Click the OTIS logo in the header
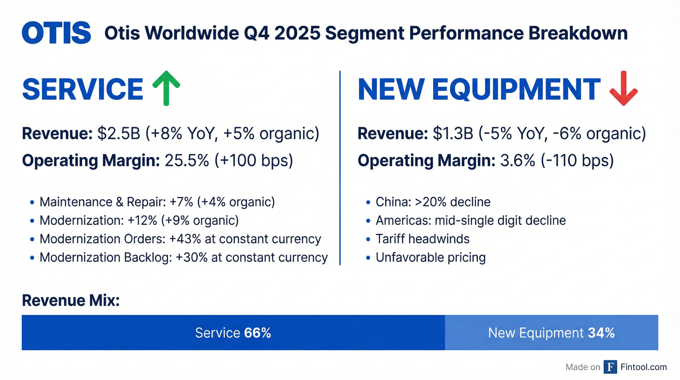click(56, 33)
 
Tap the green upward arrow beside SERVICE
click(166, 88)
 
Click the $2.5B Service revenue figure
click(119, 133)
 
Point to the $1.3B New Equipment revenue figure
click(453, 133)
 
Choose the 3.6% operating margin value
click(518, 160)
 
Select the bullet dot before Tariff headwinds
click(368, 239)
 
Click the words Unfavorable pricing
click(430, 257)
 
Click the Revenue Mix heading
click(71, 300)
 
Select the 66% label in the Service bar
click(258, 333)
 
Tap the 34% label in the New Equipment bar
click(601, 333)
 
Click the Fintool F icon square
click(610, 367)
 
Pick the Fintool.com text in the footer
click(644, 367)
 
